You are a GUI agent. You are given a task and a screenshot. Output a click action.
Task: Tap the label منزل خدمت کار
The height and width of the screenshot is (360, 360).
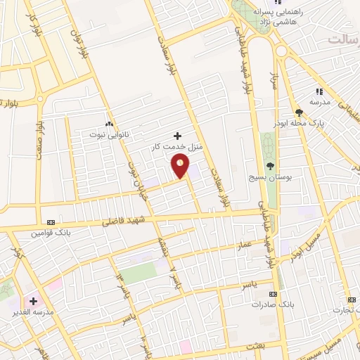[177, 147]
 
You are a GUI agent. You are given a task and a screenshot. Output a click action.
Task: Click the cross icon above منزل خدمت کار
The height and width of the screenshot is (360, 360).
[177, 136]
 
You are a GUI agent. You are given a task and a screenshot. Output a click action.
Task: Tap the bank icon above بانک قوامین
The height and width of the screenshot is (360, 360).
[49, 221]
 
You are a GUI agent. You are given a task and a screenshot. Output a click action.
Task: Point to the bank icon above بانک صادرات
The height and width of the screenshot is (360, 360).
[273, 294]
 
